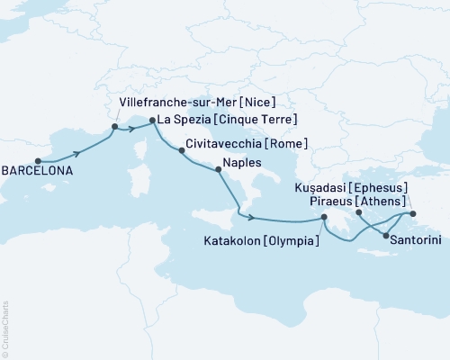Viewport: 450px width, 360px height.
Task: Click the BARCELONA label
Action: (x=38, y=170)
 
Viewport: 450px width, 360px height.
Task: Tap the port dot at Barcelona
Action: (x=38, y=162)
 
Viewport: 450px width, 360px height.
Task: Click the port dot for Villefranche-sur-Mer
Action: (x=114, y=127)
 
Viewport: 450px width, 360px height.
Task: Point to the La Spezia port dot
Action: (x=151, y=120)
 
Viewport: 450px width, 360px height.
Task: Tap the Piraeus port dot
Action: (x=358, y=212)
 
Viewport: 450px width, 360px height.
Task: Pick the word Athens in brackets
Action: (x=383, y=201)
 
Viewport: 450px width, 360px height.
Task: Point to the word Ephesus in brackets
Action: (x=380, y=187)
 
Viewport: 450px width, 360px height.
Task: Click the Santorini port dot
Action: (x=386, y=236)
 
